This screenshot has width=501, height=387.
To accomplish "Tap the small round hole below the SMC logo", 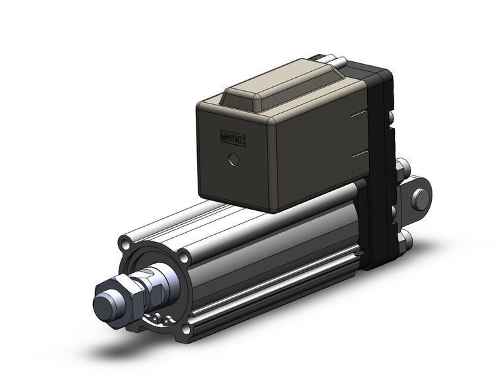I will (231, 159).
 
